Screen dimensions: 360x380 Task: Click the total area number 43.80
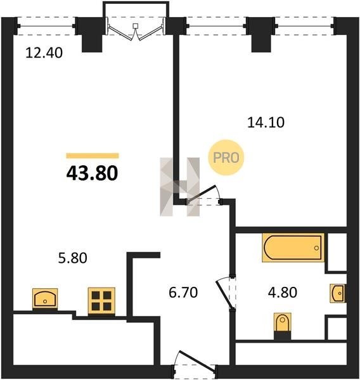(x=92, y=174)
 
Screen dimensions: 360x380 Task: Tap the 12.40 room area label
(x=44, y=53)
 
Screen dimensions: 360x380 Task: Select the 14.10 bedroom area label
(x=266, y=122)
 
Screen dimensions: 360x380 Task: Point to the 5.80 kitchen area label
(x=72, y=258)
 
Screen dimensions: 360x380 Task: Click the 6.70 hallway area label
(x=183, y=292)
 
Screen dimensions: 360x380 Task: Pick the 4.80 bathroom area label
(x=283, y=292)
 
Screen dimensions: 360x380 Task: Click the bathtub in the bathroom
(x=293, y=248)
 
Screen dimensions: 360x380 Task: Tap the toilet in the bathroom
(x=283, y=324)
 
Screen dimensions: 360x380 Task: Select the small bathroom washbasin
(x=338, y=293)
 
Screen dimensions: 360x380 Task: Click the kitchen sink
(x=45, y=299)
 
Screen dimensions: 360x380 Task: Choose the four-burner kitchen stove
(x=101, y=301)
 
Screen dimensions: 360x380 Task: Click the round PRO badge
(x=226, y=158)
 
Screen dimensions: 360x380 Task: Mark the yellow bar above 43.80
(x=93, y=156)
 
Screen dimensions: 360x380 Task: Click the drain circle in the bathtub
(x=316, y=248)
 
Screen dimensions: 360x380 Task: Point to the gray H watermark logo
(x=180, y=187)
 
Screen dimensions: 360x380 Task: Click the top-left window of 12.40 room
(x=46, y=26)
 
